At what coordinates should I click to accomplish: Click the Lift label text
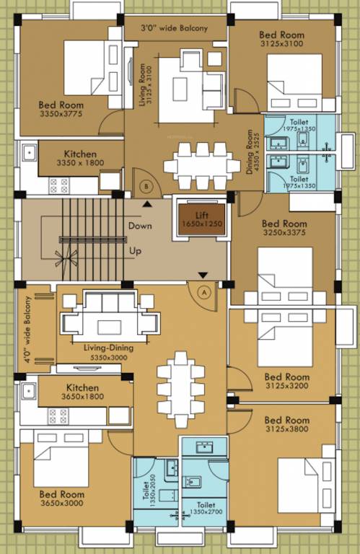(201, 215)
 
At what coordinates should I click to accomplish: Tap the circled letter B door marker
(147, 186)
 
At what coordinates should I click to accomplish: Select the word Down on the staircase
(140, 226)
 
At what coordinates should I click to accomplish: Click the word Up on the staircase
(135, 252)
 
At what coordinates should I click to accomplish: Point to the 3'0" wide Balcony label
(175, 29)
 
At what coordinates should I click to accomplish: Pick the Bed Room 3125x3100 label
(281, 39)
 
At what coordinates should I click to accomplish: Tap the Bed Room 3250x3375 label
(284, 228)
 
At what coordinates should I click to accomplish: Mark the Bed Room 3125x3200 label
(286, 381)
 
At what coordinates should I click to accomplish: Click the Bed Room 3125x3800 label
(286, 425)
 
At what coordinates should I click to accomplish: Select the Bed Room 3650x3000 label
(61, 498)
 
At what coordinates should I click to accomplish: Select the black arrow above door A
(203, 275)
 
